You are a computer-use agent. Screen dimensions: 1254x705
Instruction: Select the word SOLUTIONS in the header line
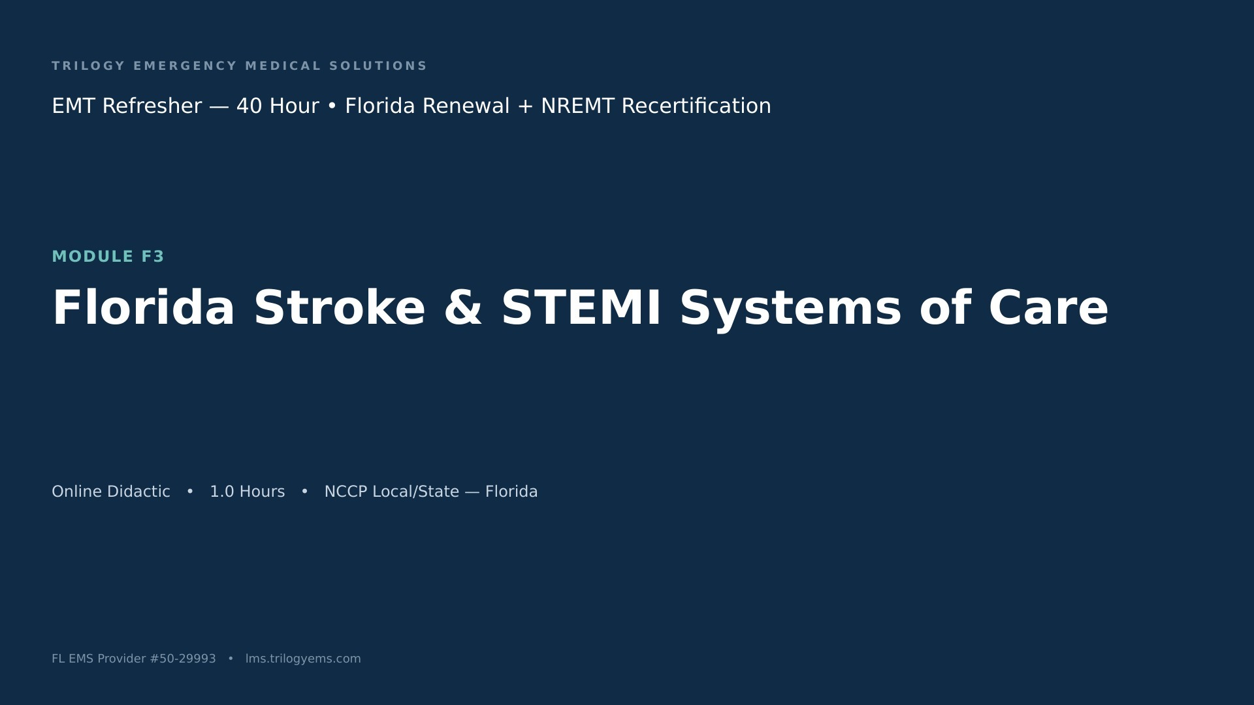378,66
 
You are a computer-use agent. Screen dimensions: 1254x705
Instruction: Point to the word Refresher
152,106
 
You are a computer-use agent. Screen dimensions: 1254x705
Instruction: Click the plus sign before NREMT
525,106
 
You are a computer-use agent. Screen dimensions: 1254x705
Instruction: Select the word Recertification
696,106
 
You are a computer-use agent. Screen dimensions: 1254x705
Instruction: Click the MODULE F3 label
108,257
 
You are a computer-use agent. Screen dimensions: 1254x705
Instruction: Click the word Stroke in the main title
340,307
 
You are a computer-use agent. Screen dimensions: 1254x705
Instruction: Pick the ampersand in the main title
463,307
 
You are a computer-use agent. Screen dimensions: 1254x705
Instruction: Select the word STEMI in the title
581,307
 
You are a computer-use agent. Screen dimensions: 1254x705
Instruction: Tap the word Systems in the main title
791,309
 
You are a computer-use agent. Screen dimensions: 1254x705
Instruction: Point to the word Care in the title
1048,307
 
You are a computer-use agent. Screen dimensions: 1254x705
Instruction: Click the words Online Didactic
111,492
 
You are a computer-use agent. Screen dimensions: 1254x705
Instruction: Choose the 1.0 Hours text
248,492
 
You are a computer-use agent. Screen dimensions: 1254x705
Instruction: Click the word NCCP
346,492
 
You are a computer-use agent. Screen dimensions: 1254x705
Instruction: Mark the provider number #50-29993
183,659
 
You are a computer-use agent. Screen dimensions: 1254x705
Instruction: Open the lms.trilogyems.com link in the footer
303,659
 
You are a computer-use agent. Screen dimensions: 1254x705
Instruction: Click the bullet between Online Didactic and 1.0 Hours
190,492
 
